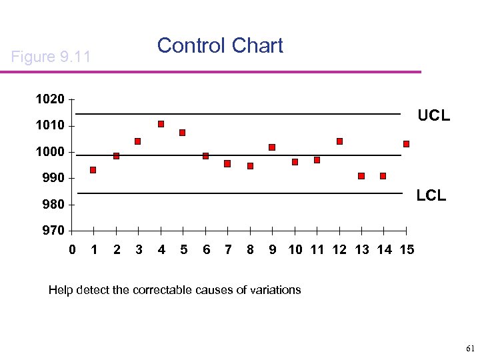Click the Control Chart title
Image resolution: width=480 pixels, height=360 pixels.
pos(220,46)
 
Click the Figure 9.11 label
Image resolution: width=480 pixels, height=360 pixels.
pos(51,57)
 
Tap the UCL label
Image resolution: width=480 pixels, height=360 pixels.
pos(433,116)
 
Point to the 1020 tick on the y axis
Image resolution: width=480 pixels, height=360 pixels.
pos(50,99)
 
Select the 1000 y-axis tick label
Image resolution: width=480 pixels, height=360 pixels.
pos(50,152)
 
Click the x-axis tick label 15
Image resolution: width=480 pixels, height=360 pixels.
pos(406,250)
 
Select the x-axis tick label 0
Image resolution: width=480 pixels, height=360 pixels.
pos(72,250)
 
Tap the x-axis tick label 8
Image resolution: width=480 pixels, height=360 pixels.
pos(250,250)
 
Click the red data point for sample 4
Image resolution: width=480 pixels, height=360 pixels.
pos(161,124)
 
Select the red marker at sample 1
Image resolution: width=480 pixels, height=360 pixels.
pos(93,170)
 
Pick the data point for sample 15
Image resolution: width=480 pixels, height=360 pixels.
pos(406,144)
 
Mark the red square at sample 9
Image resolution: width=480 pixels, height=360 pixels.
pos(272,147)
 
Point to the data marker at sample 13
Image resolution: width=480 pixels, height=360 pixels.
pos(361,176)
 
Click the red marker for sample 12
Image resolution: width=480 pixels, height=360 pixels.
pos(339,141)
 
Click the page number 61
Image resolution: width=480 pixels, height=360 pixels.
pos(469,349)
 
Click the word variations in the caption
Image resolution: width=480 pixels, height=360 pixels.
pos(274,290)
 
